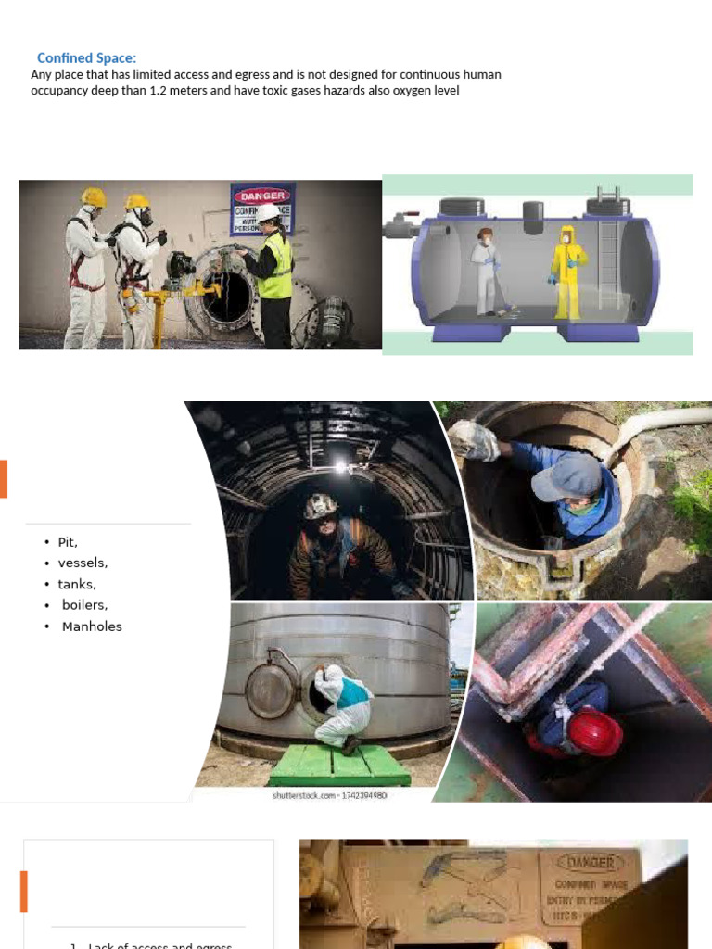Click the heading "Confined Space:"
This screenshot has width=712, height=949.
click(x=87, y=58)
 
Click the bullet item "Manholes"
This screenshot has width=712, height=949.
click(x=92, y=626)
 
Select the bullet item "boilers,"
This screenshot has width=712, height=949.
click(x=84, y=605)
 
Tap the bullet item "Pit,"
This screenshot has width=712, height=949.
click(x=68, y=542)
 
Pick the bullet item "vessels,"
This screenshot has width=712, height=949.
click(x=83, y=563)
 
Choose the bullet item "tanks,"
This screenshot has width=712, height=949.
click(x=77, y=584)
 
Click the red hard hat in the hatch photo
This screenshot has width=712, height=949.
click(x=594, y=731)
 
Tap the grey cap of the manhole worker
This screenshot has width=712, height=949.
click(x=567, y=476)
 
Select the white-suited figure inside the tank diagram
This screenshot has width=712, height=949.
click(x=486, y=270)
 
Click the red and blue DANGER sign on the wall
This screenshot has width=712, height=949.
click(x=262, y=209)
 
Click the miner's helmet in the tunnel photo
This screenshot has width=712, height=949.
click(x=321, y=505)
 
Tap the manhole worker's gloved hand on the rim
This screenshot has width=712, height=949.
click(x=475, y=442)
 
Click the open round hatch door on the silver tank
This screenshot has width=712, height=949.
click(x=269, y=690)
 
